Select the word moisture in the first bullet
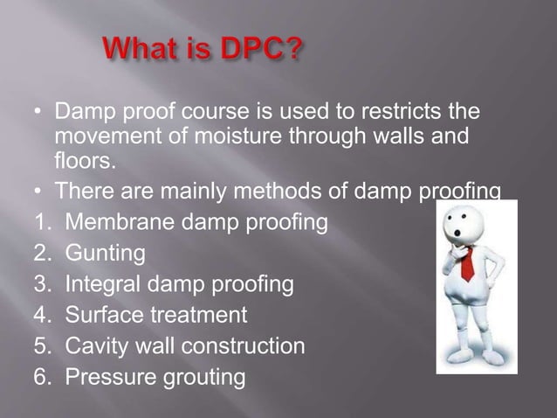point(230,138)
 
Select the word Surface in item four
point(102,315)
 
